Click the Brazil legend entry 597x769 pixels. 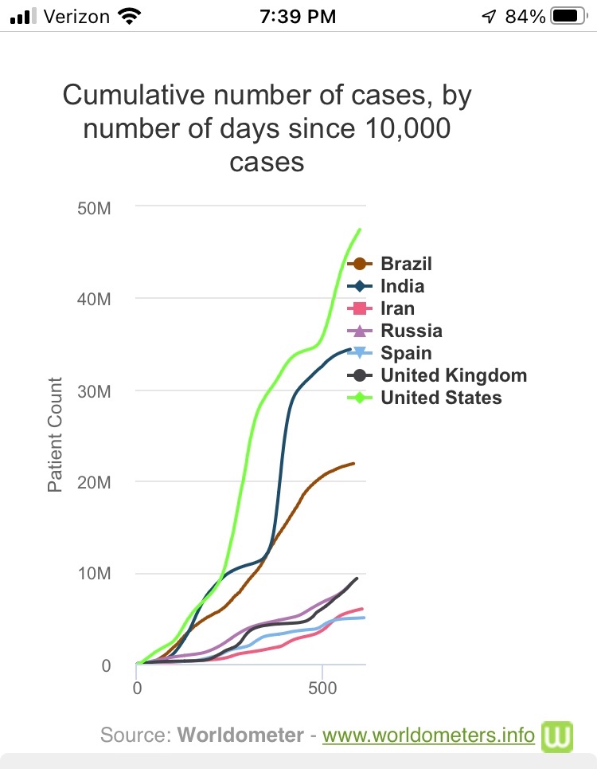[x=406, y=264]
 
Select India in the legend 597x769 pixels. [x=402, y=286]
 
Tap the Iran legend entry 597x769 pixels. [x=397, y=308]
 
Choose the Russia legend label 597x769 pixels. [x=411, y=331]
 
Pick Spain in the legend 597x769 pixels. [x=406, y=353]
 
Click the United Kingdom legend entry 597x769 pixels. [x=453, y=375]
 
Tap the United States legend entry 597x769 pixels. [x=441, y=398]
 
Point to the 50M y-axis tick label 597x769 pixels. [x=96, y=208]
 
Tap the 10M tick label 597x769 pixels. [x=96, y=574]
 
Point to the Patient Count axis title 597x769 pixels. [x=55, y=434]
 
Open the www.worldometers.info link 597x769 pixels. [x=428, y=735]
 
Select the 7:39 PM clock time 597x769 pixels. [x=298, y=16]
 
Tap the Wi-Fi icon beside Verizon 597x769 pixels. [x=127, y=15]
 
